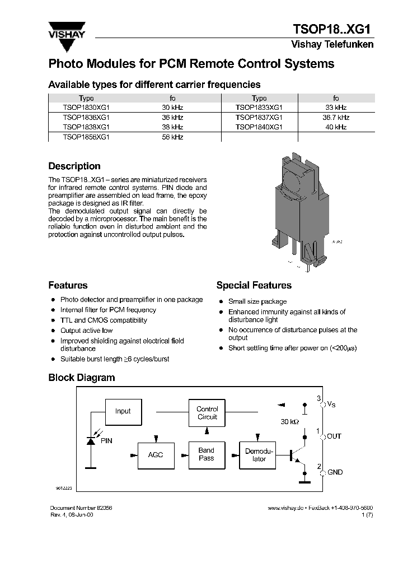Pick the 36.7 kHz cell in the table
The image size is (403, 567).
click(x=336, y=118)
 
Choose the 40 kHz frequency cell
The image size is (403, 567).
click(x=336, y=127)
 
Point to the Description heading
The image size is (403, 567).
click(x=74, y=166)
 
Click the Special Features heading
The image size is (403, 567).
click(x=254, y=286)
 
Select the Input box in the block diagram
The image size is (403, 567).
click(x=123, y=411)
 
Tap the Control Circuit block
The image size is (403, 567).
click(x=207, y=413)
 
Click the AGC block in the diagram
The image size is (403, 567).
click(x=155, y=454)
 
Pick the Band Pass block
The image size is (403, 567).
click(x=207, y=454)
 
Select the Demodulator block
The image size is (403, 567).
click(x=259, y=454)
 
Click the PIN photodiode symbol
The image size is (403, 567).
click(x=91, y=441)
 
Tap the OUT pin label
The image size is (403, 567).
click(x=334, y=436)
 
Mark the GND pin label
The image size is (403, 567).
click(x=335, y=472)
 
